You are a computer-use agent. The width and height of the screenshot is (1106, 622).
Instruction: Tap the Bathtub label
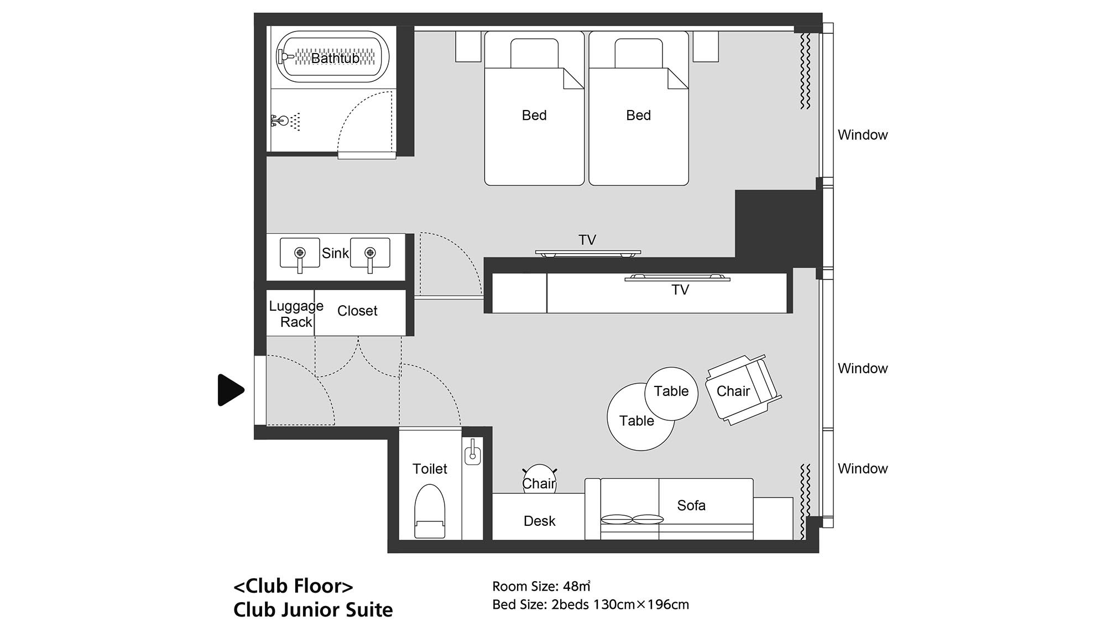tap(335, 58)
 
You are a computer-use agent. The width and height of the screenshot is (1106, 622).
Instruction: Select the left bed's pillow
tap(534, 54)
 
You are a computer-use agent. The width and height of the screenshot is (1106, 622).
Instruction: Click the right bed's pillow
tap(639, 54)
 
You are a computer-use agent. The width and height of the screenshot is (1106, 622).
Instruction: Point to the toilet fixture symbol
tap(430, 511)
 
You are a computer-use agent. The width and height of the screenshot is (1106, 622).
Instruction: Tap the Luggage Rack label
tap(296, 314)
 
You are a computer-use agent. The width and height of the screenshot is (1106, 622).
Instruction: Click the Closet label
tap(357, 311)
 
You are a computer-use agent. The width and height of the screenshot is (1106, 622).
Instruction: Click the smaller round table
tap(671, 394)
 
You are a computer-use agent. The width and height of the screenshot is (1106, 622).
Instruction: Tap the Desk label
tap(539, 521)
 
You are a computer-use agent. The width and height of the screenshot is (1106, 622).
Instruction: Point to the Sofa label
tap(691, 505)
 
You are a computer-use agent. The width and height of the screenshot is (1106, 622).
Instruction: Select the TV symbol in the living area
tap(677, 277)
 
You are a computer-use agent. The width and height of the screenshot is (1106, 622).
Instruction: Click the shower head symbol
tap(285, 120)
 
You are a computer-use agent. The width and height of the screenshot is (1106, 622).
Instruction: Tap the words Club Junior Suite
tap(313, 609)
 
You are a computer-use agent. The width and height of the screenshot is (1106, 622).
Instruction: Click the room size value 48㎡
tap(577, 586)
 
